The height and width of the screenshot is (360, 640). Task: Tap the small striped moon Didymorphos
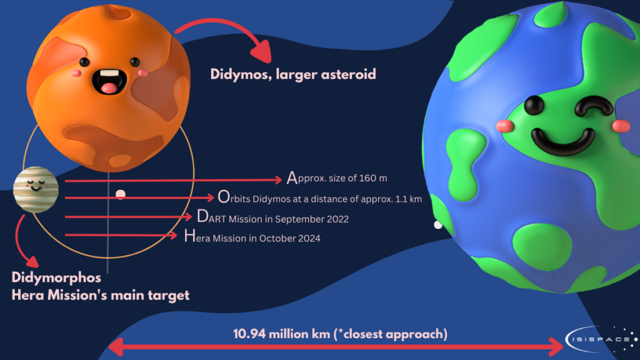coord(36,189)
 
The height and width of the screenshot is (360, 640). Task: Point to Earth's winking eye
coord(594,105)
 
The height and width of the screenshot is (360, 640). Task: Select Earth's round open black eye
coord(534,105)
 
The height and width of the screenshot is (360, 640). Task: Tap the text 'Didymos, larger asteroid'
coord(293,74)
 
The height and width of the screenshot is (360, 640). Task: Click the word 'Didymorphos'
coord(56,277)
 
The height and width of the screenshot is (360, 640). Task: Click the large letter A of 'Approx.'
coord(292,178)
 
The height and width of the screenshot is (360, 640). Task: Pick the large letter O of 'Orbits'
coord(224,197)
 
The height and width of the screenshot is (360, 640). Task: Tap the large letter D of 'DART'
coord(202,216)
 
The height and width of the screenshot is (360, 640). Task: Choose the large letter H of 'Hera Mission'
coord(190,236)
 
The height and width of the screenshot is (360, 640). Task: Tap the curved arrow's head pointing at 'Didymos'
coord(262,51)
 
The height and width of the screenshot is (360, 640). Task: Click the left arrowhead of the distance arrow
coord(116,347)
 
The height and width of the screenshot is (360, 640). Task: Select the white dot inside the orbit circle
coord(121,194)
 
